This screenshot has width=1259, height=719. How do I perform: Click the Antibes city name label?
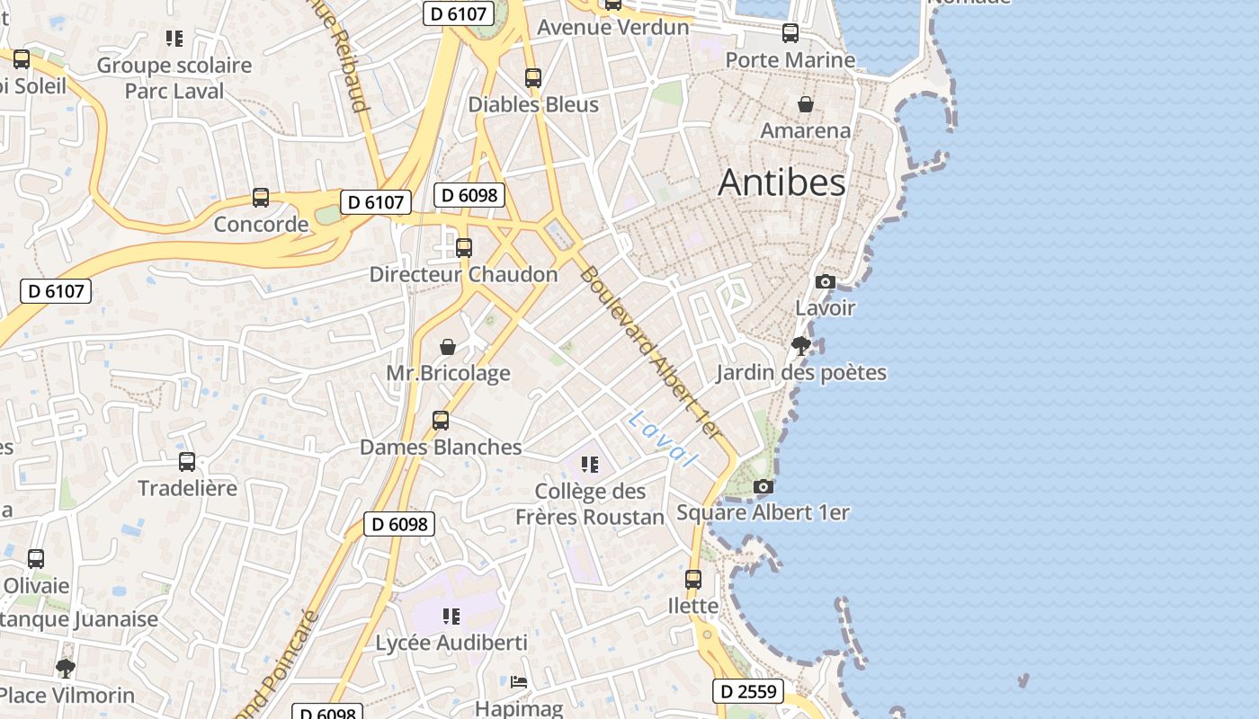781,182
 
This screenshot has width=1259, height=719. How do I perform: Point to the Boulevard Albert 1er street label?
649,352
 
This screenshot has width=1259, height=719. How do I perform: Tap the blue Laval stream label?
663,439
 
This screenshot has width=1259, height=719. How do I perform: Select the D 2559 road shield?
748,691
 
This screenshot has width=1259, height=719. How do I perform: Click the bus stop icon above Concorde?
261,198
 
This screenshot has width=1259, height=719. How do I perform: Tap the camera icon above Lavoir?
825,282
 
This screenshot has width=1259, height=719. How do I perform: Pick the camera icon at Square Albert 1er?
763,487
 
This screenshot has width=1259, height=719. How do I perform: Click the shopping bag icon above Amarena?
806,105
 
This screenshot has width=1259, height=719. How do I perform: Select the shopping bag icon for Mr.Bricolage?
447,347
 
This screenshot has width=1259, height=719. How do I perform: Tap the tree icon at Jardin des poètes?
800,346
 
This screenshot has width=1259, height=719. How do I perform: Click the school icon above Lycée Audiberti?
451,617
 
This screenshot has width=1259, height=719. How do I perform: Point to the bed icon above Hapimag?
519,682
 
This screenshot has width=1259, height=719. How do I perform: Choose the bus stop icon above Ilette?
693,580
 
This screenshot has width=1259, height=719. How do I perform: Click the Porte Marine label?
790,60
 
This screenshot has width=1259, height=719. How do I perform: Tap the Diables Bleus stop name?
533,105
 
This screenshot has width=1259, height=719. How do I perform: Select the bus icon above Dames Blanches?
441,421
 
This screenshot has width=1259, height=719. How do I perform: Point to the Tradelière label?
187,488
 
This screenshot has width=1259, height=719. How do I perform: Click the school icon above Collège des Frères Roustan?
590,465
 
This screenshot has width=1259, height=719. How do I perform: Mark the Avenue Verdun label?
613,28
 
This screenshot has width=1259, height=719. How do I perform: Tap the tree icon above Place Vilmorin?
65,669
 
